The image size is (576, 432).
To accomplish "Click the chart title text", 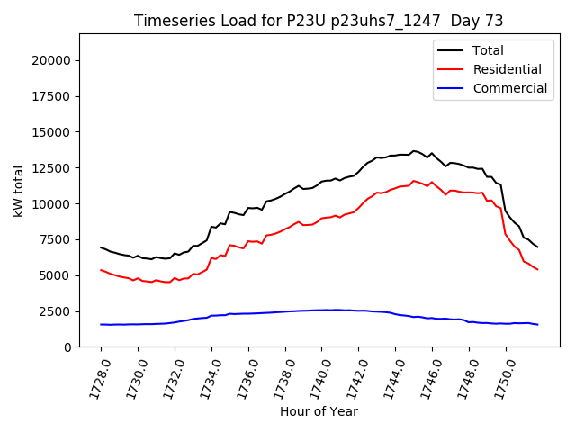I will (x=319, y=21).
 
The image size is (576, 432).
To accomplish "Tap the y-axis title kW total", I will (x=18, y=190).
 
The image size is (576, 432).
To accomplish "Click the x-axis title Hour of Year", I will (x=319, y=411).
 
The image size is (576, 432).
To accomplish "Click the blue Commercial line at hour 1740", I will (x=321, y=310).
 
